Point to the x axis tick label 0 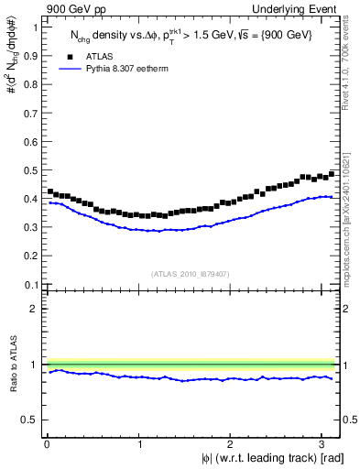click(47, 443)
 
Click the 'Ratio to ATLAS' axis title click(12, 365)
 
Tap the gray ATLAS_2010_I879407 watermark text click(191, 273)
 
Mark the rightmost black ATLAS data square click(332, 173)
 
